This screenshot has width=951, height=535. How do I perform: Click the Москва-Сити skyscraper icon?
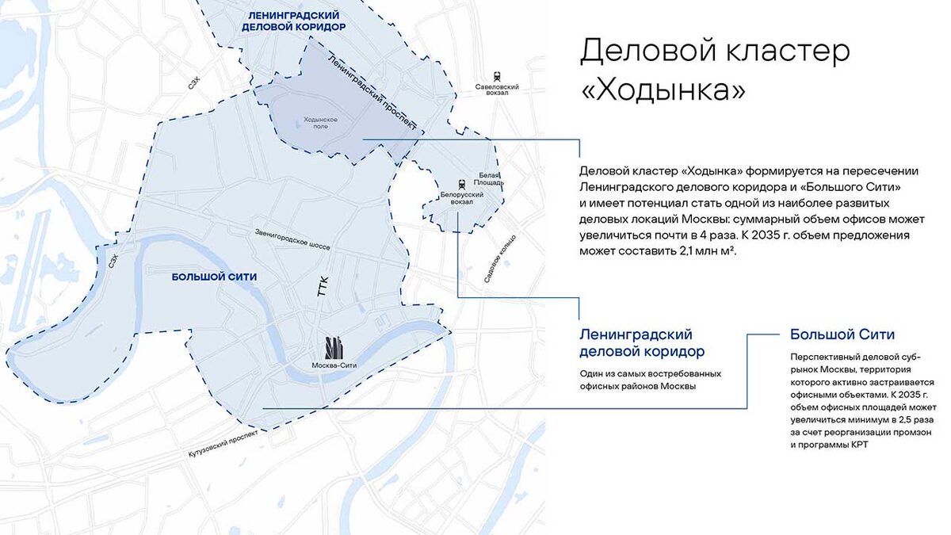coord(335,347)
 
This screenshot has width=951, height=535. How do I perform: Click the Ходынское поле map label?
coord(321,122)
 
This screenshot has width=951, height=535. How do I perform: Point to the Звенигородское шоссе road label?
coord(292,239)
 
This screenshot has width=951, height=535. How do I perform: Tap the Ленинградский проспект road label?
coord(372,92)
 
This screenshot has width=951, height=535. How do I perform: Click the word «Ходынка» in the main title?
coord(663,90)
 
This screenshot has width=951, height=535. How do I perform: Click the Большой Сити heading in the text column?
coord(842,334)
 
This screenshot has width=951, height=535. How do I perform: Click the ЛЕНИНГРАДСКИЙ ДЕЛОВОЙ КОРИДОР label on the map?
coord(294,21)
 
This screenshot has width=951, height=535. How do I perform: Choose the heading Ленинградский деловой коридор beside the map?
coord(642,342)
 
